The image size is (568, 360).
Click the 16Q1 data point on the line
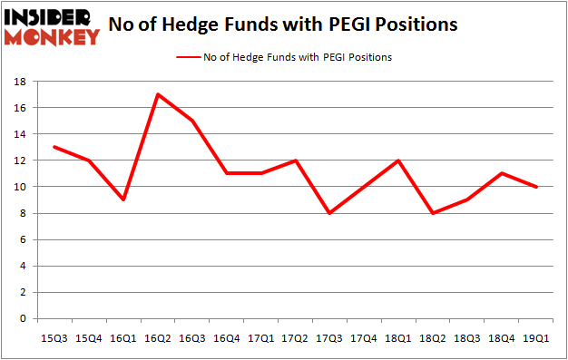[123, 199]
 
